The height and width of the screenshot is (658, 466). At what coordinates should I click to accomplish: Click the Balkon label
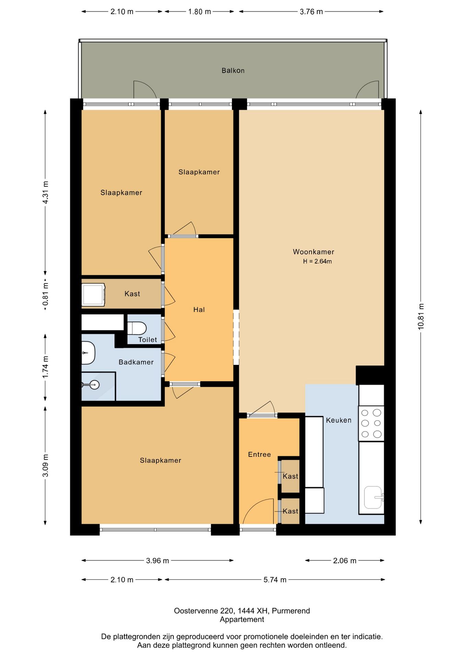[x=233, y=71]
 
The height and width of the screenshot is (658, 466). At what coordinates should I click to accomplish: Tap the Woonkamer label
[x=313, y=252]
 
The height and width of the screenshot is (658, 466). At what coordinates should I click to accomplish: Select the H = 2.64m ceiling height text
[x=317, y=261]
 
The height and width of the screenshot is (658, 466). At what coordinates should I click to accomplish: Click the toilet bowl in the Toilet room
[x=137, y=328]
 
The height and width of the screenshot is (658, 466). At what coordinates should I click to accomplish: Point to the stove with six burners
[x=371, y=423]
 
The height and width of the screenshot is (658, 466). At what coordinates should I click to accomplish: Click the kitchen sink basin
[x=373, y=497]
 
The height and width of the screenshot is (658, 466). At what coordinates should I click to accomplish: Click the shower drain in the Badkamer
[x=94, y=385]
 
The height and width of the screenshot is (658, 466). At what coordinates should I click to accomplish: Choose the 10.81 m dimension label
[x=421, y=317]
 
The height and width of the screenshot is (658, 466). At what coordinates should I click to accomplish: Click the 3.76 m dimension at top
[x=311, y=12]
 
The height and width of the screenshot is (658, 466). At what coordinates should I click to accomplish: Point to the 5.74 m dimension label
[x=275, y=580]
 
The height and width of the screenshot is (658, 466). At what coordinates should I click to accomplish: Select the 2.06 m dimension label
[x=345, y=561]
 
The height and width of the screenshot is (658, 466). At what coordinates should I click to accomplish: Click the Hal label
[x=199, y=310]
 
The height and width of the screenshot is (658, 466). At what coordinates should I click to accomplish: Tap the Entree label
[x=259, y=454]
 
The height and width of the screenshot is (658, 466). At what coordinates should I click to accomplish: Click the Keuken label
[x=339, y=420]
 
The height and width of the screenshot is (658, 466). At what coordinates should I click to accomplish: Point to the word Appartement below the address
[x=242, y=620]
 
